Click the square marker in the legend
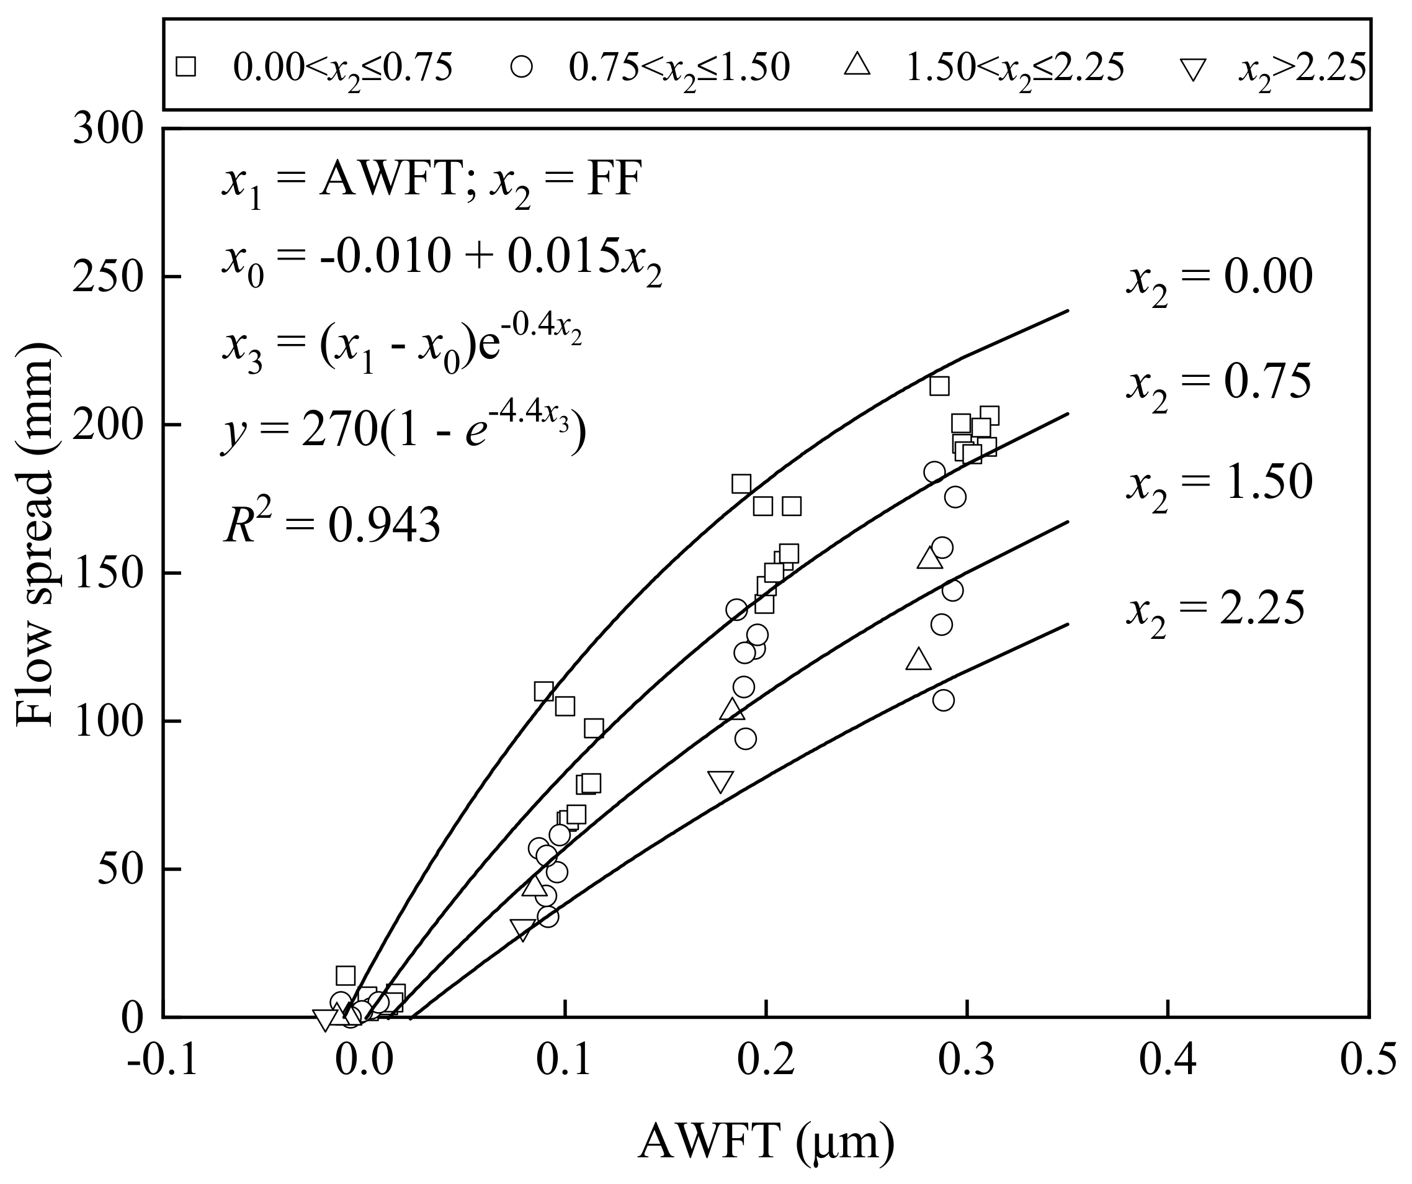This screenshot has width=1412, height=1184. pos(185,67)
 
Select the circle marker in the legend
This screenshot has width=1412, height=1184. pos(521,67)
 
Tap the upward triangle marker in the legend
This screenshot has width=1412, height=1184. pos(857,66)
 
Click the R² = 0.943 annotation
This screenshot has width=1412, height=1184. pos(331,525)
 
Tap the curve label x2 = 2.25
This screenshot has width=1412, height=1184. pos(1216,610)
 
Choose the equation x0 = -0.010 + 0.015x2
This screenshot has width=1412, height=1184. pos(442,259)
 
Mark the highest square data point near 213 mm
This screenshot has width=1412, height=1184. pos(939,386)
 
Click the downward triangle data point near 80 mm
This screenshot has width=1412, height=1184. pos(720,782)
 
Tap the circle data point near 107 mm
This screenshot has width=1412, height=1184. pos(944,700)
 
